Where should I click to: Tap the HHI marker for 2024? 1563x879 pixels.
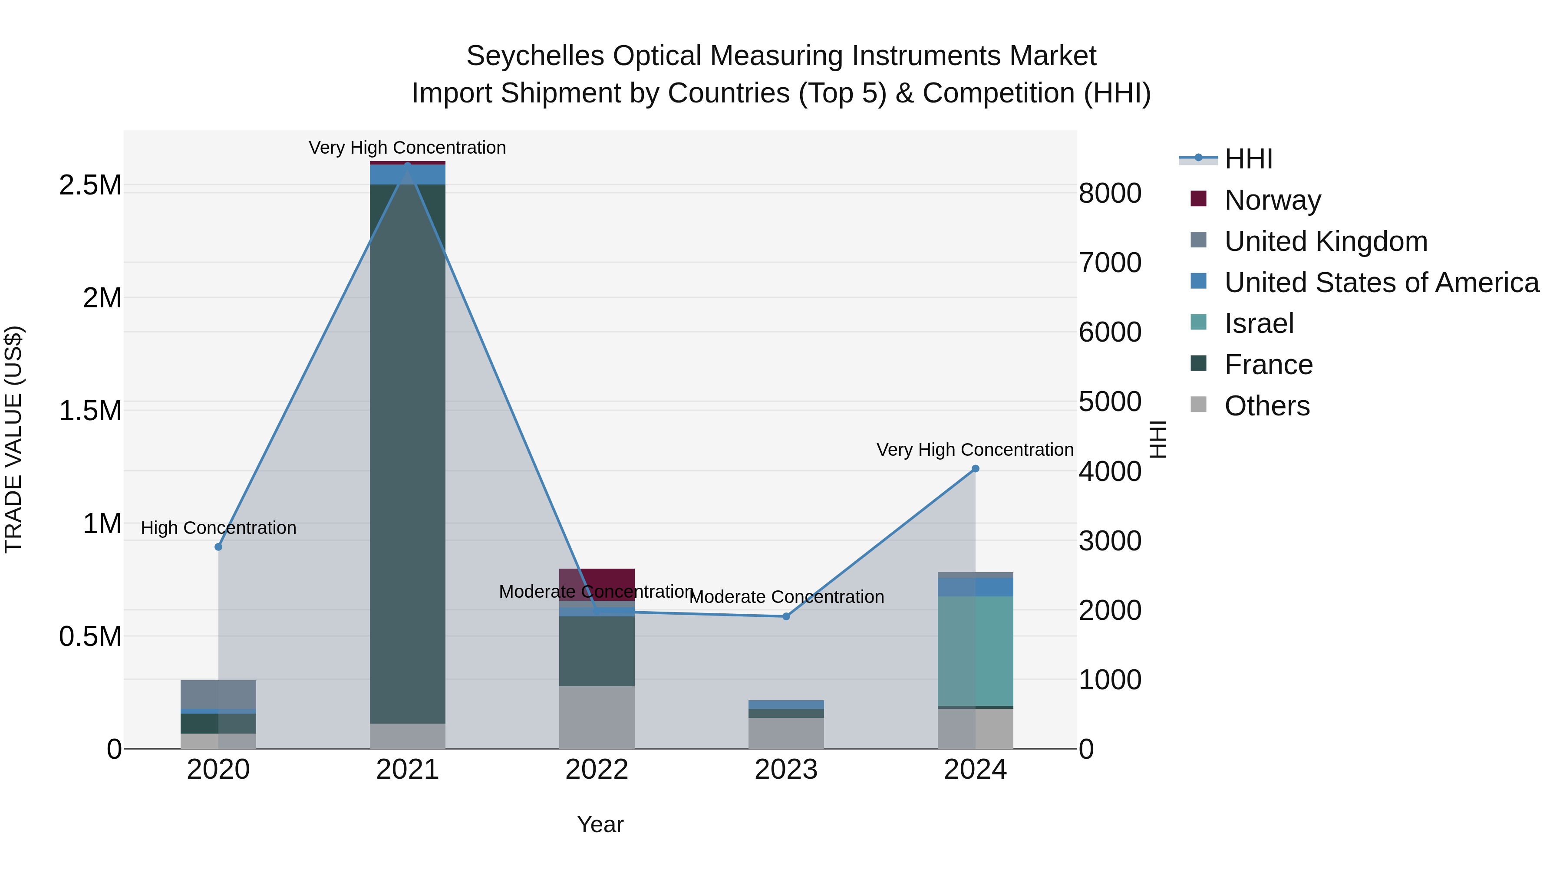point(975,468)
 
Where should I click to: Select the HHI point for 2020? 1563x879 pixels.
point(218,546)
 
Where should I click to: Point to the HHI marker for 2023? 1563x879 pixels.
point(786,616)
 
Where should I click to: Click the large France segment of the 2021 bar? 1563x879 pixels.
point(407,455)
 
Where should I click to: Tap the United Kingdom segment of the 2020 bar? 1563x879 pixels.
point(218,694)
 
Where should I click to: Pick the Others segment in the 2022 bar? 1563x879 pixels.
point(597,717)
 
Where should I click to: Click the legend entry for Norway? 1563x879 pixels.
point(1273,200)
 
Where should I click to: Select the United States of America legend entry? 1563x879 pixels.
point(1381,283)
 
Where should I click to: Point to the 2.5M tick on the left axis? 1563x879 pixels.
point(90,185)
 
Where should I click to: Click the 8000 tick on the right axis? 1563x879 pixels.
point(1110,194)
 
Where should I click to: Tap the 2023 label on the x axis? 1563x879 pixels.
point(786,770)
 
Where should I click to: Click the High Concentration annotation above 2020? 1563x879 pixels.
point(218,528)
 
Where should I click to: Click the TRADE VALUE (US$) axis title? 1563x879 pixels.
point(13,438)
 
